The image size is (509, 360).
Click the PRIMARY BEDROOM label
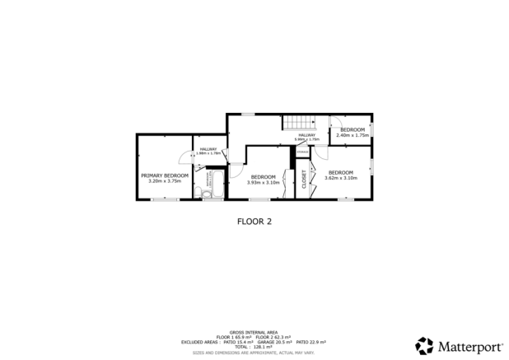click(x=165, y=175)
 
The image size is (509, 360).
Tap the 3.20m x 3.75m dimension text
click(x=165, y=180)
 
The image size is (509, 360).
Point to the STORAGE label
click(x=303, y=152)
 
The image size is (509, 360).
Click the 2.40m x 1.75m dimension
click(x=353, y=135)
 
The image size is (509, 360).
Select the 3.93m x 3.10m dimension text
click(x=263, y=181)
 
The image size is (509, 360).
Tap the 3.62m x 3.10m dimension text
click(x=341, y=178)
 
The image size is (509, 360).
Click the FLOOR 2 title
click(x=254, y=221)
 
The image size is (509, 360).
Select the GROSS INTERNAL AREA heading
click(x=254, y=327)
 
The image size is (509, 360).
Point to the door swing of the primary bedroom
click(x=184, y=160)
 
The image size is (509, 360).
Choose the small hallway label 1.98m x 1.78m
click(x=207, y=152)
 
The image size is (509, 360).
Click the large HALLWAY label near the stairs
click(x=306, y=135)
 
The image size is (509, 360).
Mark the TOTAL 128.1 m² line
click(x=254, y=347)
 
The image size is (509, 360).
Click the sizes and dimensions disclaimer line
click(x=254, y=352)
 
